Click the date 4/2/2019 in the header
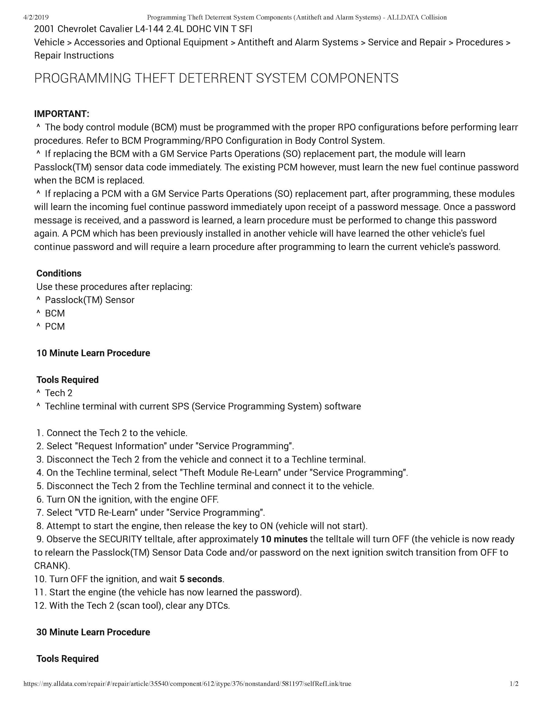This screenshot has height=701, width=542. click(36, 17)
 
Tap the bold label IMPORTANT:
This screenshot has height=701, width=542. click(62, 114)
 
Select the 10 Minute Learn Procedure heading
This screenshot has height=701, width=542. click(93, 353)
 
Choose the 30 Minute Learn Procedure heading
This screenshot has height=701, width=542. click(93, 632)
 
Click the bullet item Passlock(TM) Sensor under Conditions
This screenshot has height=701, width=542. click(90, 300)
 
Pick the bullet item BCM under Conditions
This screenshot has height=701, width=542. click(55, 313)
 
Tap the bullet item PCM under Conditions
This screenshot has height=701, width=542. click(55, 327)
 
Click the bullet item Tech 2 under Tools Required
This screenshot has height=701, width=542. click(59, 393)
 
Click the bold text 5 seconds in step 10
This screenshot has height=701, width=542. click(201, 579)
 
